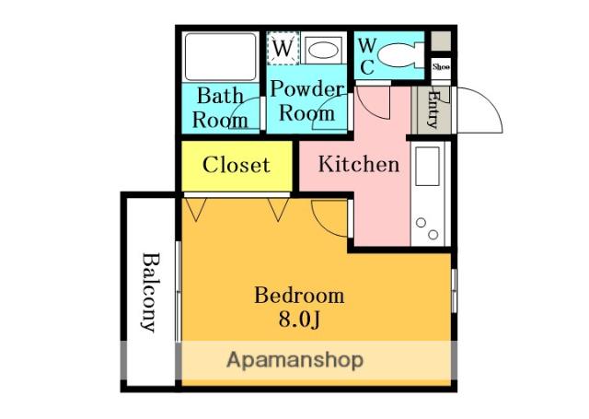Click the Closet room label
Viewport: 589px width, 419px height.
pyautogui.click(x=237, y=165)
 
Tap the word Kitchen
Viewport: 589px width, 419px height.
pyautogui.click(x=359, y=164)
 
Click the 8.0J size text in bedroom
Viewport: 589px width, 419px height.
pyautogui.click(x=299, y=320)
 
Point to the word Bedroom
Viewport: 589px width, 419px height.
pyautogui.click(x=299, y=296)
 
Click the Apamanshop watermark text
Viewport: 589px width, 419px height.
pyautogui.click(x=294, y=360)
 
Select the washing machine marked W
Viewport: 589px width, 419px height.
pyautogui.click(x=283, y=48)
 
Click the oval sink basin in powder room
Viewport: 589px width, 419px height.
pyautogui.click(x=323, y=50)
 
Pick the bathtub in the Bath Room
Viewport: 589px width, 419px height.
pyautogui.click(x=221, y=57)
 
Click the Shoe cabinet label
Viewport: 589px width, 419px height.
pyautogui.click(x=441, y=67)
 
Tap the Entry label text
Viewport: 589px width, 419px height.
pyautogui.click(x=433, y=110)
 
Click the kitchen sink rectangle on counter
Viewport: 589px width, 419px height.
pyautogui.click(x=427, y=166)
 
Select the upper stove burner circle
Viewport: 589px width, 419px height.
pyautogui.click(x=422, y=223)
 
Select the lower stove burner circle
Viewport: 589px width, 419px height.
pyautogui.click(x=433, y=235)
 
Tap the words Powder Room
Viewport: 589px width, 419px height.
pyautogui.click(x=307, y=100)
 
